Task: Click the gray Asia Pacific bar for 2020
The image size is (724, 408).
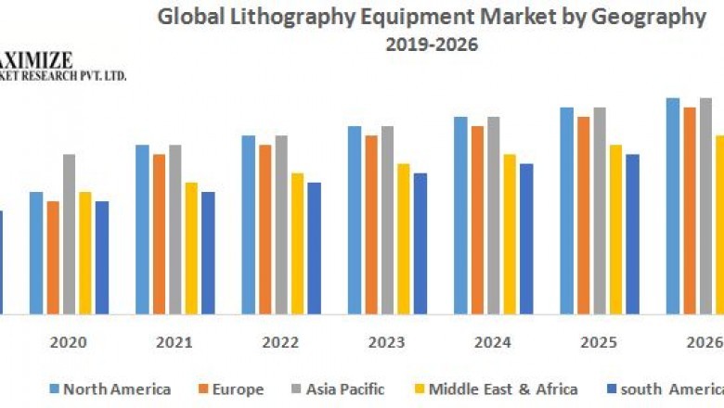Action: [x=69, y=234]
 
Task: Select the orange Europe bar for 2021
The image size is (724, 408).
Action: [x=159, y=234]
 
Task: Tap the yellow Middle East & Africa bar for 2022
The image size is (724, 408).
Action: [x=297, y=243]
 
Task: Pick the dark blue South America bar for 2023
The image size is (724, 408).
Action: [x=420, y=243]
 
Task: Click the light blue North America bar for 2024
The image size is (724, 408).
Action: [x=459, y=215]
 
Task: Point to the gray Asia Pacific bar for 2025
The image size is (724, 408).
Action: [x=600, y=210]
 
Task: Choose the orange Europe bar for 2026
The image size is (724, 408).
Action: [x=689, y=210]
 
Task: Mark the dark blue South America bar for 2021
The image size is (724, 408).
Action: [x=208, y=252]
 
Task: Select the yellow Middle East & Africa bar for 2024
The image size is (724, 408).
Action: [x=510, y=234]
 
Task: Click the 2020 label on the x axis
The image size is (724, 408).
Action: [x=69, y=342]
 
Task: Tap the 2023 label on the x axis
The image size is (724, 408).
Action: [x=386, y=342]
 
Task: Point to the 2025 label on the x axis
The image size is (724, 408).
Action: [x=599, y=342]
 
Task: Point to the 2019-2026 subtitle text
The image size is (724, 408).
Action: [x=433, y=45]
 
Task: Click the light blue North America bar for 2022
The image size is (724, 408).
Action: [x=248, y=224]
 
